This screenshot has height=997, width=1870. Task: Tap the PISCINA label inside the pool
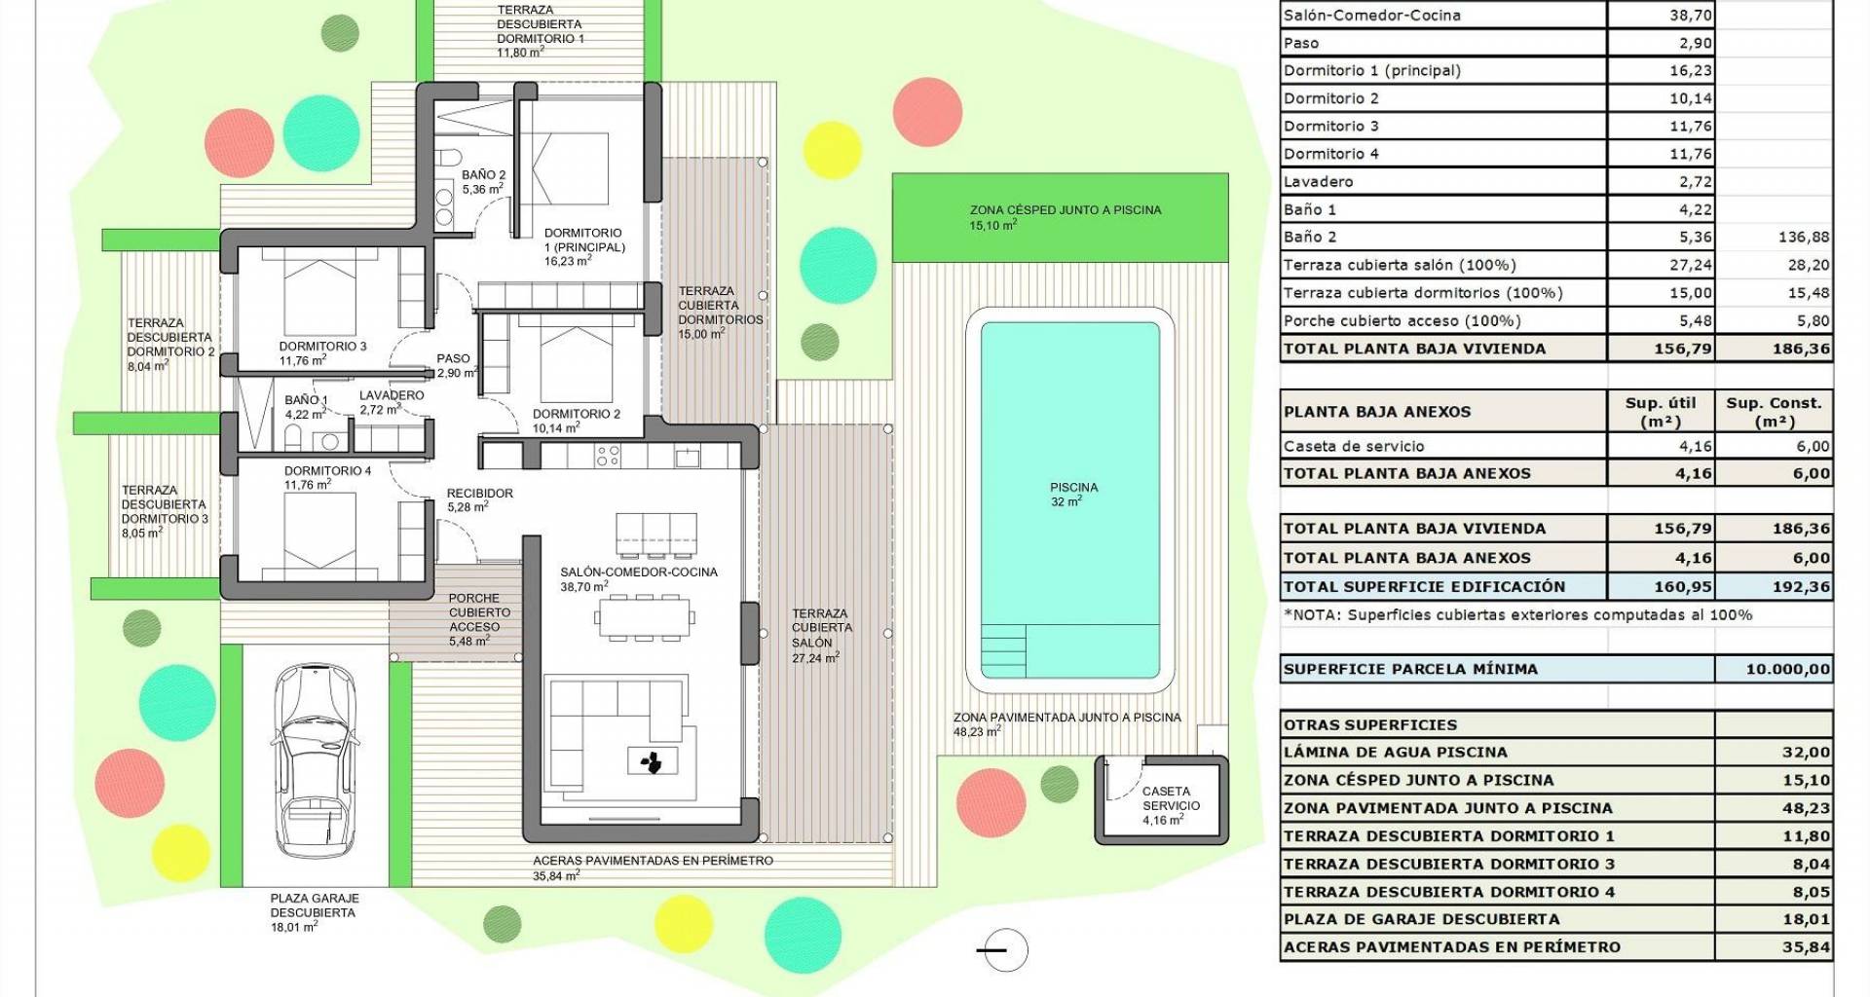[1073, 487]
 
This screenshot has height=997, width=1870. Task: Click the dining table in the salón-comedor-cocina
[646, 616]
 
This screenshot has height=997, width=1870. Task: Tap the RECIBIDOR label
[480, 493]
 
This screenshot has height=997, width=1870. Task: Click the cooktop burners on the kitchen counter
[608, 456]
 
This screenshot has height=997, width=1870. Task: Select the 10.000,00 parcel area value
[1788, 669]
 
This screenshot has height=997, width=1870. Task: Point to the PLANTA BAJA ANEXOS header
[1376, 411]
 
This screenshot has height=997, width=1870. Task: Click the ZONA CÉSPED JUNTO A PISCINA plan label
[1066, 209]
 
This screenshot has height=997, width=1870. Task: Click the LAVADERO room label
[392, 395]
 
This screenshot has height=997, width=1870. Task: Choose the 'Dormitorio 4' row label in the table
[1331, 154]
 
